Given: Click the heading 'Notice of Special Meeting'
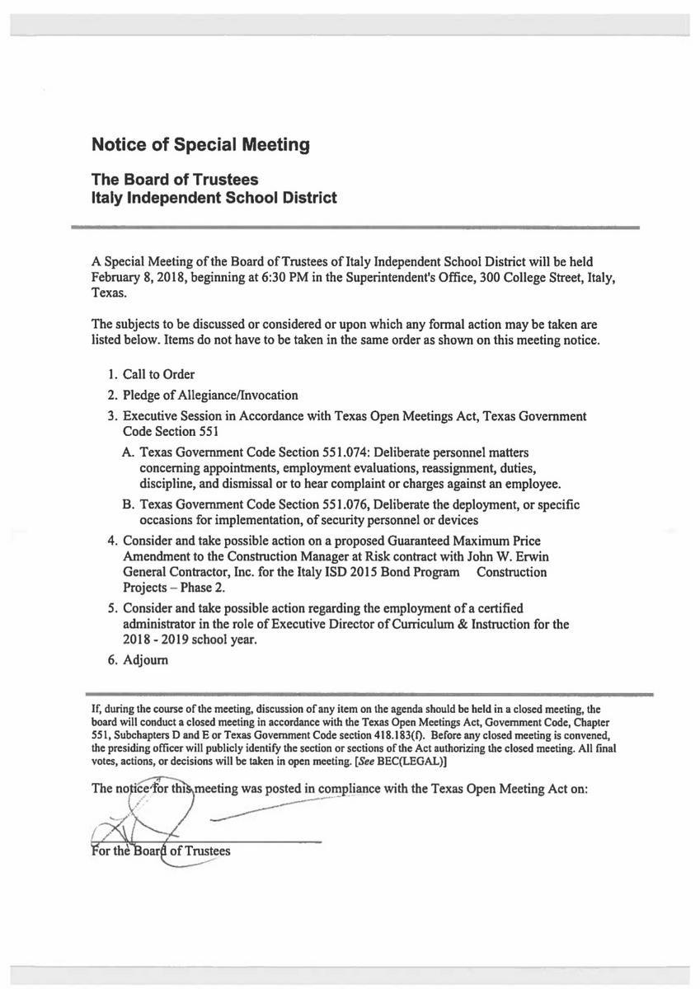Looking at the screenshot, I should (x=200, y=145).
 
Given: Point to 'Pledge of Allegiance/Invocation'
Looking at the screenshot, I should (x=210, y=395).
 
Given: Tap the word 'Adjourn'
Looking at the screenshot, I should (x=146, y=660).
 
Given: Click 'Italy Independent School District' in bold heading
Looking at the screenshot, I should (x=214, y=198).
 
